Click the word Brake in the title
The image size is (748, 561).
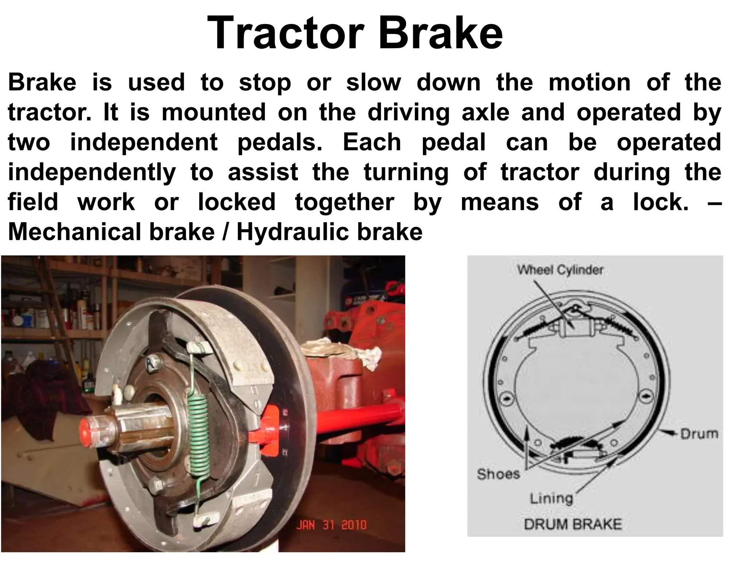pyautogui.click(x=440, y=34)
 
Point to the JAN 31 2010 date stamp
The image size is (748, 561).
pyautogui.click(x=331, y=525)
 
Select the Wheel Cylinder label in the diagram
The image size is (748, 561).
pyautogui.click(x=560, y=270)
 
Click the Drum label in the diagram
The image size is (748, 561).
pyautogui.click(x=699, y=434)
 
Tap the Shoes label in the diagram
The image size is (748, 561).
pyautogui.click(x=498, y=474)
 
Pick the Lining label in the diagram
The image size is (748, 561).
pyautogui.click(x=551, y=498)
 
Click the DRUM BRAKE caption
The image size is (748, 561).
pyautogui.click(x=572, y=524)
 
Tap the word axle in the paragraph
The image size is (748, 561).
pyautogui.click(x=485, y=112)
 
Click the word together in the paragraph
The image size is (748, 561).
pyautogui.click(x=344, y=202)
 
